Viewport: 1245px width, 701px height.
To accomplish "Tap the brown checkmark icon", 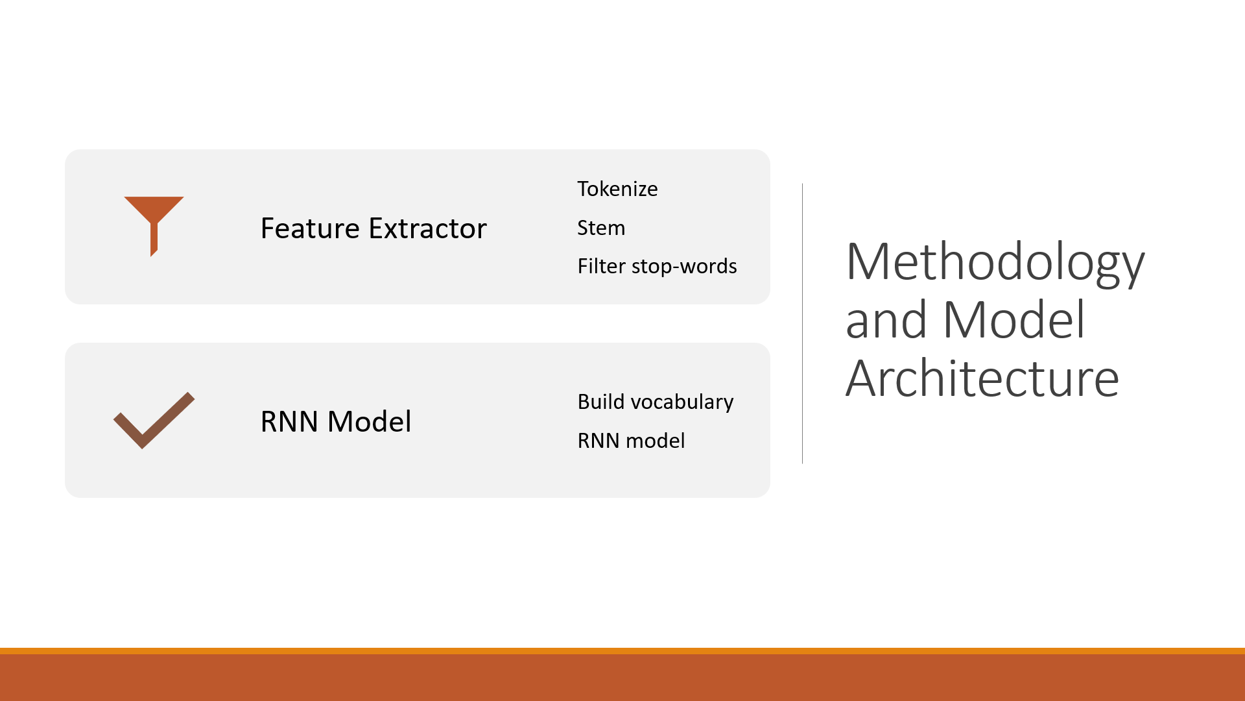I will pos(154,421).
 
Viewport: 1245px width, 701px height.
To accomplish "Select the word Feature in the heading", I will pos(310,228).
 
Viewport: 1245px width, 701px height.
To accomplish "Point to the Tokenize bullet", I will pos(617,189).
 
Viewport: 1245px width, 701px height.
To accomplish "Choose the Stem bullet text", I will pos(601,228).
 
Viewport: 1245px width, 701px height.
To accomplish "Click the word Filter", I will pos(601,266).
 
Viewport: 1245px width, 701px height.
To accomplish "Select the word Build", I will pos(601,402).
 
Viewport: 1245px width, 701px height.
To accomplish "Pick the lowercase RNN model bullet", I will pos(631,441).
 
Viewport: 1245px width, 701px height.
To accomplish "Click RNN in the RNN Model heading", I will pos(289,422).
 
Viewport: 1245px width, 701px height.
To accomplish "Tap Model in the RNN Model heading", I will pos(369,422).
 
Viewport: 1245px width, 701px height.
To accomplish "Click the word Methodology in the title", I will pos(995,263).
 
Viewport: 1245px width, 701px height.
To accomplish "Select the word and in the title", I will pos(886,320).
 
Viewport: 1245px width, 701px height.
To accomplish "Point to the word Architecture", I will pos(982,378).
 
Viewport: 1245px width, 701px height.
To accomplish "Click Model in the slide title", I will pos(1014,320).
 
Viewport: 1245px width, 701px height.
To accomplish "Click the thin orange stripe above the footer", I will pos(622,650).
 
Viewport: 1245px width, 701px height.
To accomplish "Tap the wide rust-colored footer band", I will pos(622,678).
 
